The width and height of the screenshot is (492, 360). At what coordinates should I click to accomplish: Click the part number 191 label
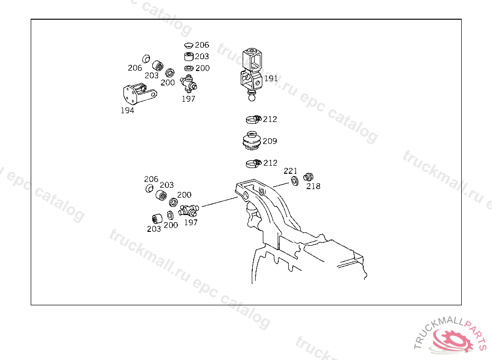[x=271, y=78]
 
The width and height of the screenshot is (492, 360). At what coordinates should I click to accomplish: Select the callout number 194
[x=127, y=110]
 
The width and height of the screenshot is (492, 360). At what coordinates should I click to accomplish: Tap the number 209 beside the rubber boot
[x=270, y=141]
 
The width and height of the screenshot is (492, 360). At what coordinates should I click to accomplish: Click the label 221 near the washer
[x=290, y=171]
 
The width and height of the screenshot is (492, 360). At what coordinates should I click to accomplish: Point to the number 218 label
[x=313, y=186]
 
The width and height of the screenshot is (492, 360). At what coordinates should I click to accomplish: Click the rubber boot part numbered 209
[x=252, y=141]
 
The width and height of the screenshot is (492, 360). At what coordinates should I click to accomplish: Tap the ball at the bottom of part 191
[x=252, y=97]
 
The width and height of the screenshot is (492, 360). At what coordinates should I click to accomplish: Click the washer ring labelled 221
[x=295, y=181]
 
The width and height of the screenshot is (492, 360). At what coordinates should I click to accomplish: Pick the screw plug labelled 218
[x=308, y=177]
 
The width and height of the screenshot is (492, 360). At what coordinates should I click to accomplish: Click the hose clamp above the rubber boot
[x=254, y=119]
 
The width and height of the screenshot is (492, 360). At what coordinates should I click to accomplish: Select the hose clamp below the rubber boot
[x=254, y=163]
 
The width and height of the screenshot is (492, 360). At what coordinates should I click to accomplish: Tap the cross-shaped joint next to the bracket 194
[x=188, y=84]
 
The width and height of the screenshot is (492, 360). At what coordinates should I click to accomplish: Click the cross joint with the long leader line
[x=188, y=210]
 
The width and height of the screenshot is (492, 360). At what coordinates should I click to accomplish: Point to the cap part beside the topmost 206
[x=188, y=46]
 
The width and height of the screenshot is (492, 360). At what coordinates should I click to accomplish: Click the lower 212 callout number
[x=271, y=163]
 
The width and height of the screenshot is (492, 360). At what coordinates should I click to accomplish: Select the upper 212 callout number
[x=270, y=119]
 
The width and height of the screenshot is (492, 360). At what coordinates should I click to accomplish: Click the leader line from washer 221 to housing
[x=281, y=184]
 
